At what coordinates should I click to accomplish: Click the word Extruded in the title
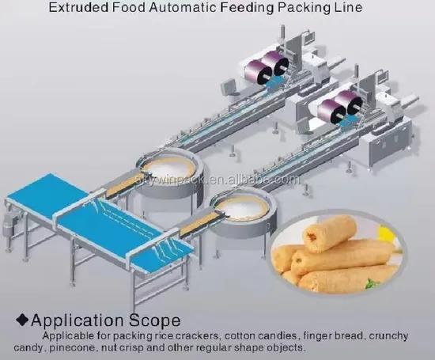(x=78, y=7)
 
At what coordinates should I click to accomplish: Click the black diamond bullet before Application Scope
(x=22, y=320)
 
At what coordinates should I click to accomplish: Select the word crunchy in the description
(x=388, y=336)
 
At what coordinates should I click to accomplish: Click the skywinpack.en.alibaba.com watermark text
(x=217, y=180)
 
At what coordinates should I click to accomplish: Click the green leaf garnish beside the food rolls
(x=373, y=284)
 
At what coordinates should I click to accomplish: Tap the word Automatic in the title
(x=183, y=7)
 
